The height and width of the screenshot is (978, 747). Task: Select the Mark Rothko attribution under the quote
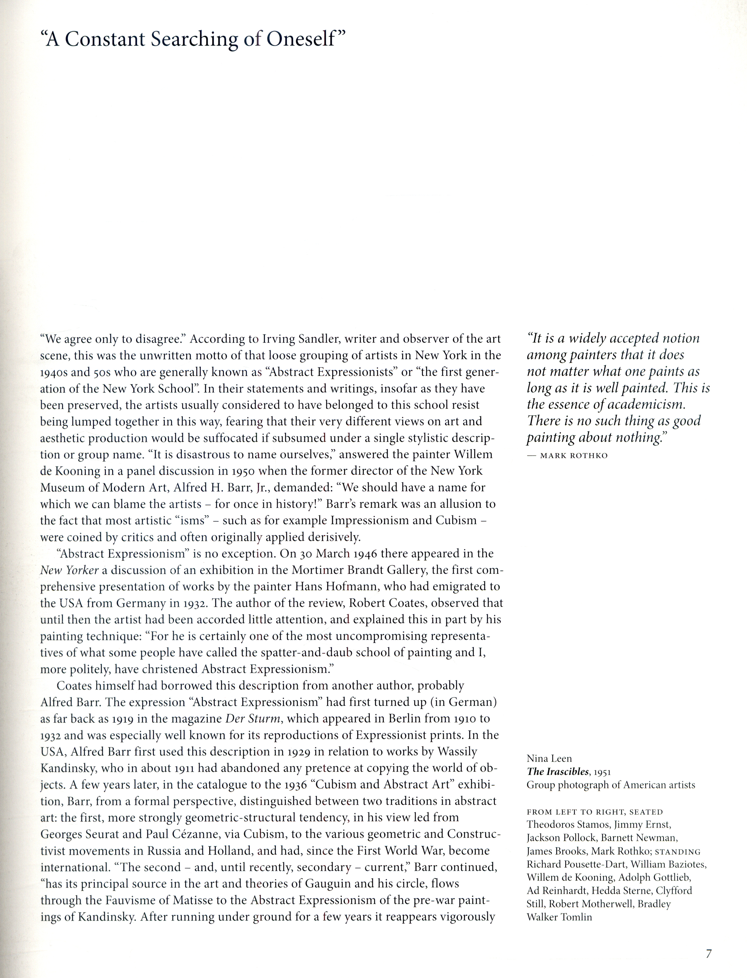click(x=574, y=456)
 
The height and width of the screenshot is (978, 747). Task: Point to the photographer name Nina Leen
click(x=549, y=758)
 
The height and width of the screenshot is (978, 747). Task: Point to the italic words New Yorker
click(x=69, y=570)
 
